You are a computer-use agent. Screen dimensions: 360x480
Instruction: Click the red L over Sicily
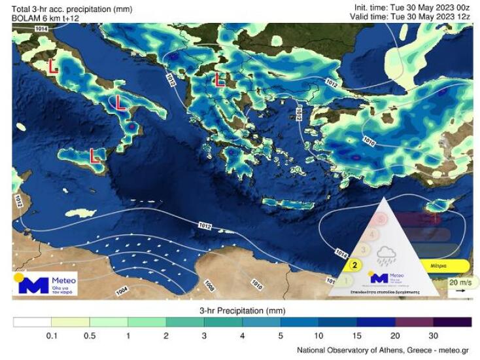(x=94, y=156)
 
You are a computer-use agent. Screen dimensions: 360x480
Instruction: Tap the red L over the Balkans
(x=220, y=80)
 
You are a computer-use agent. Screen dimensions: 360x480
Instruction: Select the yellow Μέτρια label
(x=439, y=266)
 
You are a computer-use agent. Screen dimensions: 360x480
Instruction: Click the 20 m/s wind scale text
(x=459, y=282)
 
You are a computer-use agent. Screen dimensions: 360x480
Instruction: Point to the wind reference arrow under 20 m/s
(x=460, y=290)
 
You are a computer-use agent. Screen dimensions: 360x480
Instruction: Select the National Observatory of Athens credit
(x=384, y=350)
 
